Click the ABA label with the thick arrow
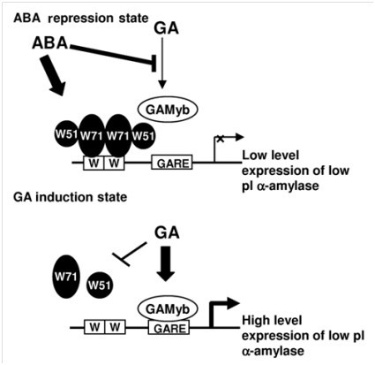pos(49,43)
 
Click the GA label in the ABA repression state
pos(167,28)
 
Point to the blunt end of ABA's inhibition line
pos(154,63)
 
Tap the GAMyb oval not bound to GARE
pos(168,110)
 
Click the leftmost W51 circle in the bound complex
pos(66,134)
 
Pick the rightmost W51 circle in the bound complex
pos(143,136)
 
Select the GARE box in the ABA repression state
pos(172,163)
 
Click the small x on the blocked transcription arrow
pos(220,139)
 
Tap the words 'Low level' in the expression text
pos(270,155)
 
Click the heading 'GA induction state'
pos(71,197)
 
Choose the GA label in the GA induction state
pos(167,232)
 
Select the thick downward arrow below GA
pos(166,263)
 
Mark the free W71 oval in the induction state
pos(67,277)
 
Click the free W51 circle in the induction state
pos(100,285)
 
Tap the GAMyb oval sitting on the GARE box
pos(168,309)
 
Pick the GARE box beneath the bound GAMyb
pos(169,328)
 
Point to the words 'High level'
pos(272,320)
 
